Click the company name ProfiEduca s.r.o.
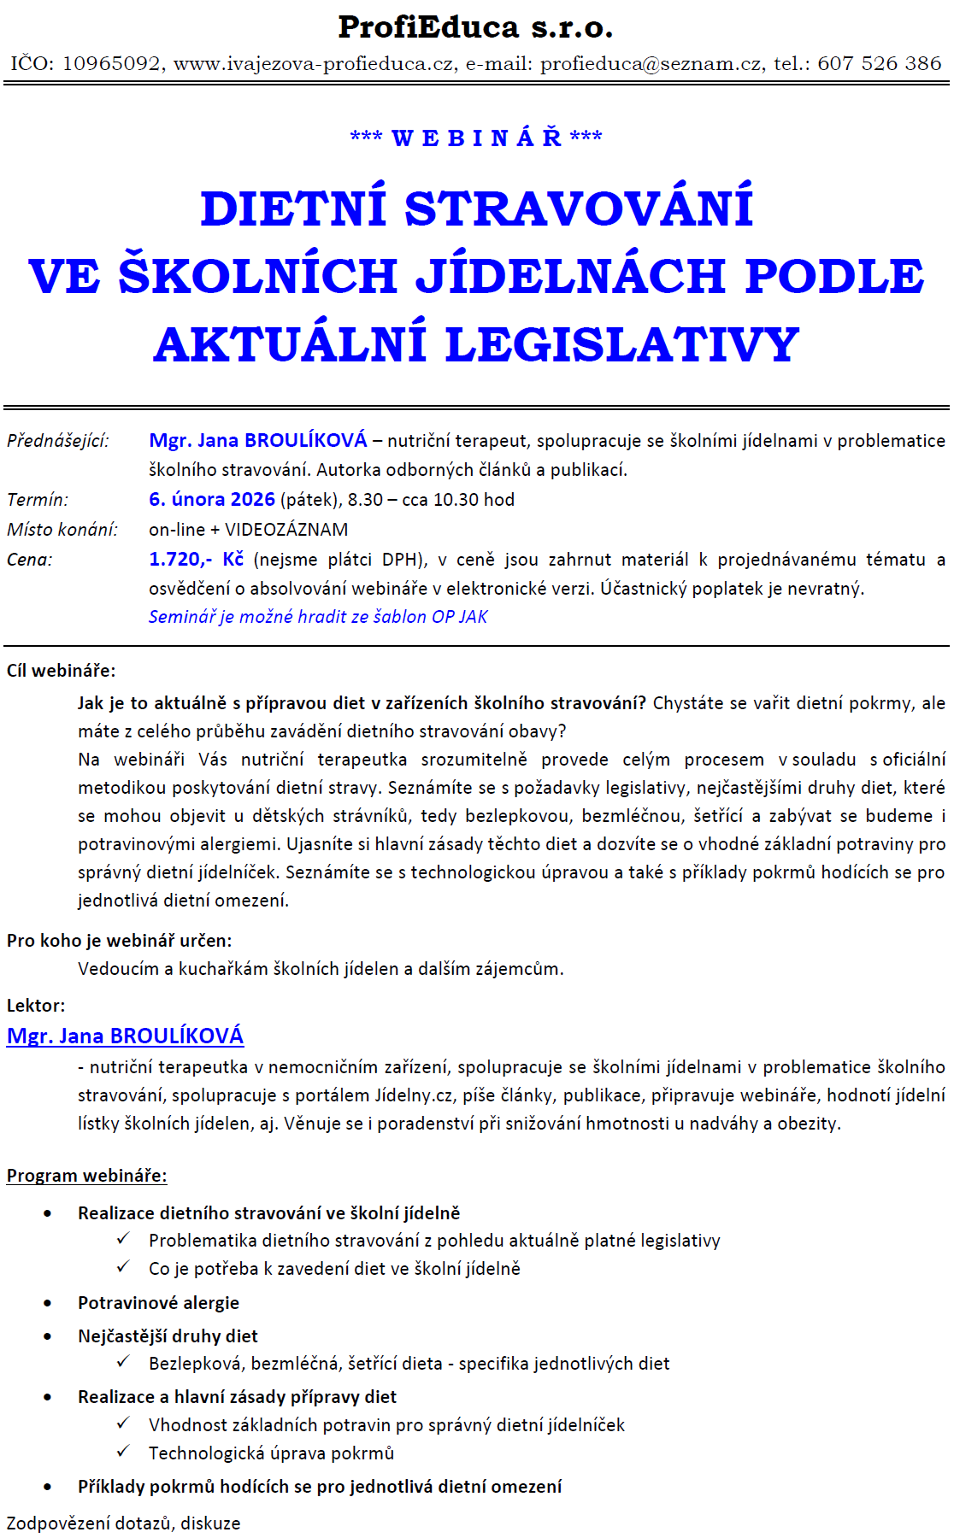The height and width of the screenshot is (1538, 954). click(475, 27)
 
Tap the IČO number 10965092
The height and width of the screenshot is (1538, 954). click(111, 63)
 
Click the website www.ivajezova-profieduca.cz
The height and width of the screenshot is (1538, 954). click(314, 63)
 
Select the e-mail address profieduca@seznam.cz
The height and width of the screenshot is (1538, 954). click(651, 63)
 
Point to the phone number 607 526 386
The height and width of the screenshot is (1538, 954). click(880, 63)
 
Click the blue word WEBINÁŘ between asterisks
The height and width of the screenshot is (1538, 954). click(476, 138)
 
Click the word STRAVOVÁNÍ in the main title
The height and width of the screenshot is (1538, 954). click(579, 208)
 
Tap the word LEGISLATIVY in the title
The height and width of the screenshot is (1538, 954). click(622, 344)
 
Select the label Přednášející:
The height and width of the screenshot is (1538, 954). click(58, 441)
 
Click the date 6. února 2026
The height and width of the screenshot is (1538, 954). click(212, 500)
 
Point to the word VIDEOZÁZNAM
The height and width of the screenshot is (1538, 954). click(286, 530)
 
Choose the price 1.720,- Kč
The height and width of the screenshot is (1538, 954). click(196, 560)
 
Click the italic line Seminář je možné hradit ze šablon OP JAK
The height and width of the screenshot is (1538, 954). click(318, 617)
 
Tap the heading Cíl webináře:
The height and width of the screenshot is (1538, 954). click(61, 671)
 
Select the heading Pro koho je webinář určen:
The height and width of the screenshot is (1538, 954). click(119, 941)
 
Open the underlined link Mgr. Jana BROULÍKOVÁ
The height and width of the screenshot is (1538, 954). click(125, 1036)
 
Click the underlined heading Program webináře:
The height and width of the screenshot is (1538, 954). click(86, 1176)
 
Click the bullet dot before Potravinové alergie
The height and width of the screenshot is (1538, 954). click(48, 1304)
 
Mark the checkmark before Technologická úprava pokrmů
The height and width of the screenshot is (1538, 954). click(124, 1451)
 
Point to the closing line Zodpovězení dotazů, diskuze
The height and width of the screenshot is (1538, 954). click(124, 1523)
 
